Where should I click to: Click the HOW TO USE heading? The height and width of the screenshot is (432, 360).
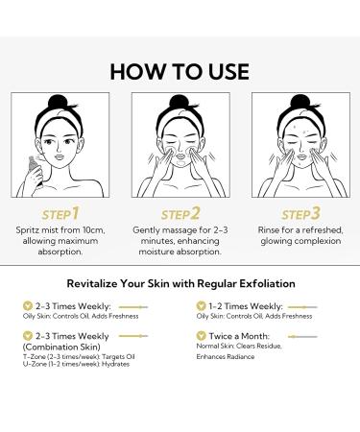tap(180, 71)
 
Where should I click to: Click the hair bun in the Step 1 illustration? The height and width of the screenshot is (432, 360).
tap(58, 102)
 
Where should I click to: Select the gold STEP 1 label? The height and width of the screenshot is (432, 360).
tap(60, 214)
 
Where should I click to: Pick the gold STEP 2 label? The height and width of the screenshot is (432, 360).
tap(180, 214)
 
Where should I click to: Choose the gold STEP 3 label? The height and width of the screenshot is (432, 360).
tap(300, 214)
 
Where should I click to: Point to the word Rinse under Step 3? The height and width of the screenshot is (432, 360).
tap(269, 230)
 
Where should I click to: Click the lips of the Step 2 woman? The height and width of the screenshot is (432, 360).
tap(180, 156)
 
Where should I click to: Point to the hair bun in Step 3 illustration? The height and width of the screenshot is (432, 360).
tap(300, 102)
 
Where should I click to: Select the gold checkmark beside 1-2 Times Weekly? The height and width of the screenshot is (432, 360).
tap(201, 306)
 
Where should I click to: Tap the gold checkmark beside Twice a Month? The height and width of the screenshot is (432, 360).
tap(201, 336)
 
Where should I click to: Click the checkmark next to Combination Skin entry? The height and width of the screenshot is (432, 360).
tap(28, 336)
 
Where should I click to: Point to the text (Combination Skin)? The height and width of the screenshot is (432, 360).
tap(61, 347)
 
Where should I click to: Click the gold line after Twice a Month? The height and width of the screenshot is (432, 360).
tap(302, 336)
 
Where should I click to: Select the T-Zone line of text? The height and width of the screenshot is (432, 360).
tap(79, 356)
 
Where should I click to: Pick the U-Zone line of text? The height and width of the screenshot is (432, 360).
tap(76, 364)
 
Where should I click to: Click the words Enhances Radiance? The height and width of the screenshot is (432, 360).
tap(226, 356)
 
